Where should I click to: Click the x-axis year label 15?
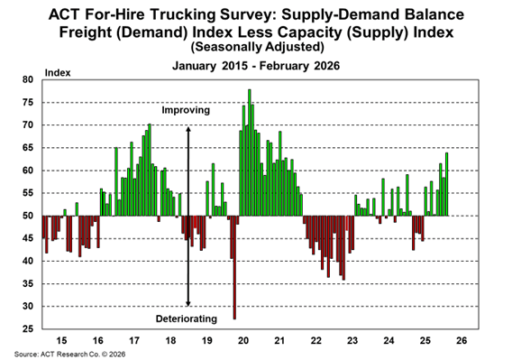point(60,341)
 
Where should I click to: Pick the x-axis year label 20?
point(244,341)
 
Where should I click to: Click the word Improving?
point(186,110)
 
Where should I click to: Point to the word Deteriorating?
point(187,318)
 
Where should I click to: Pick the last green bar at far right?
point(447,185)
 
